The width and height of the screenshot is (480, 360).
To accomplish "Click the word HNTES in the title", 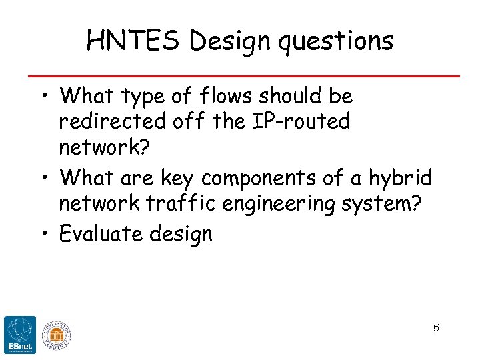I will coord(134,41).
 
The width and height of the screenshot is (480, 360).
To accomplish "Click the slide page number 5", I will coord(436,328).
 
